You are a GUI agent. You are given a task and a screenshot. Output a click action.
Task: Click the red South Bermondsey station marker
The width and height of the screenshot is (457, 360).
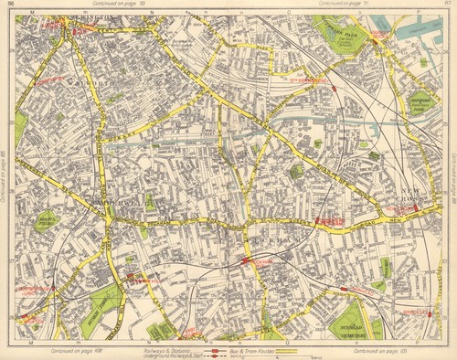tap(334, 89)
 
